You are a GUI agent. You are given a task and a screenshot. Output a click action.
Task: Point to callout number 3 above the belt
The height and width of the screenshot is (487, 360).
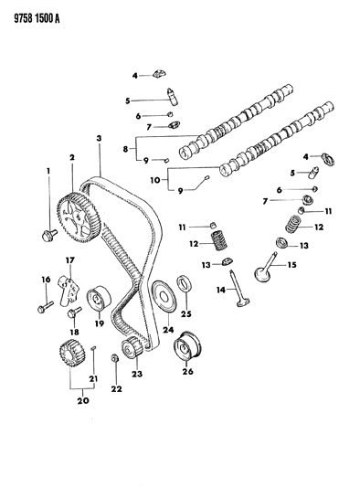pos(99,138)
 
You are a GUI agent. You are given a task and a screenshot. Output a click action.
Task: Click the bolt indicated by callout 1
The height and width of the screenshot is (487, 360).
pos(48,238)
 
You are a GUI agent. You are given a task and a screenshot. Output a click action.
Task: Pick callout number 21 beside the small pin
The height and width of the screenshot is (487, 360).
pos(92,378)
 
